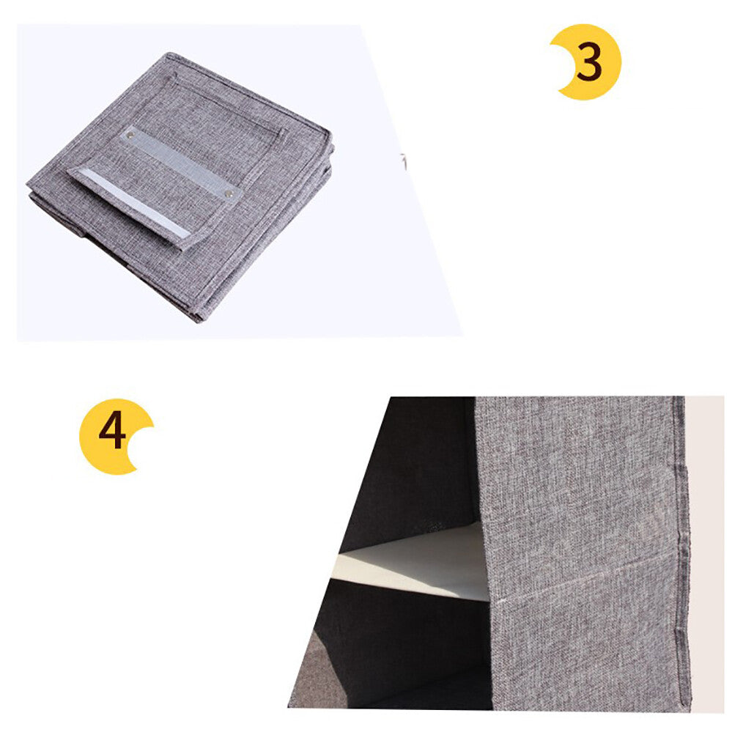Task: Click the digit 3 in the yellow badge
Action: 589,62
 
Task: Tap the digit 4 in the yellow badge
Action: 113,429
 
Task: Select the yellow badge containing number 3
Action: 586,62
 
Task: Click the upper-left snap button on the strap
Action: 130,136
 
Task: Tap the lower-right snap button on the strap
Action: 229,193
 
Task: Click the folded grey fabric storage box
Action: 180,187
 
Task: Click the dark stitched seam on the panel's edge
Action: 681,551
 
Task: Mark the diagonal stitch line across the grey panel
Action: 586,578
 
